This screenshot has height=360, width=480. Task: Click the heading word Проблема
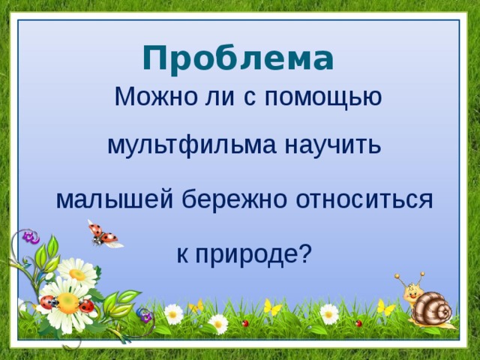tap(236, 58)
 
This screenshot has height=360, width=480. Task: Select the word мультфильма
tap(190, 144)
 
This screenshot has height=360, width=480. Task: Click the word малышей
tap(115, 199)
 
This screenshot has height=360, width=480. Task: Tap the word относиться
tap(364, 199)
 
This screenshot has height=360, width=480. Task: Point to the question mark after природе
tap(304, 253)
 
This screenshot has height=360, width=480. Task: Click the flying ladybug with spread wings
tap(105, 235)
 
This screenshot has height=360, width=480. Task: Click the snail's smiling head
tap(412, 292)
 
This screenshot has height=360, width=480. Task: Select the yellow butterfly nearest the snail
tap(385, 307)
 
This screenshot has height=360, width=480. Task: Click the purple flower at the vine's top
tap(31, 237)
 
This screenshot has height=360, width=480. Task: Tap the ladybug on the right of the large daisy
tap(87, 305)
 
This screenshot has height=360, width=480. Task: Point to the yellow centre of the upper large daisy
tap(77, 274)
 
